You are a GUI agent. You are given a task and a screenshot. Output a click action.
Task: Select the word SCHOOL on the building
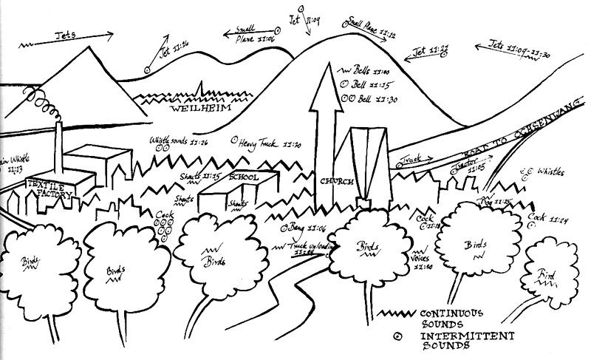[x=244, y=178]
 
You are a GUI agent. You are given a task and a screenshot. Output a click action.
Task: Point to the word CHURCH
[x=337, y=182]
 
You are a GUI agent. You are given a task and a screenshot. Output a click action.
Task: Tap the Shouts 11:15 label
[x=200, y=177]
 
